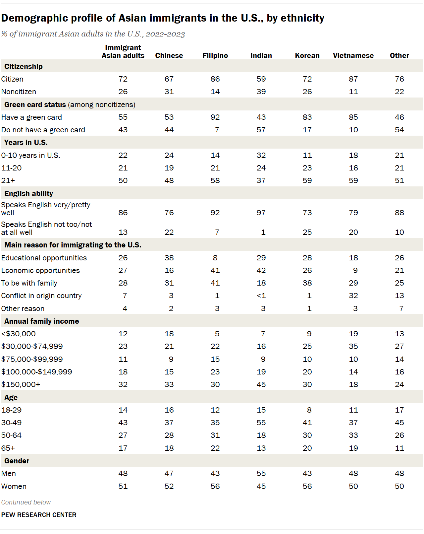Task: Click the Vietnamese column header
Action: tap(353, 56)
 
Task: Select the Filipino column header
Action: tap(215, 56)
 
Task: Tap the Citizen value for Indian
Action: tap(261, 79)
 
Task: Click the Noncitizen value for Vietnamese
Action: tap(353, 92)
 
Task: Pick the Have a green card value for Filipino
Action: tap(215, 117)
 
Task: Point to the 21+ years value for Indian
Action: tap(261, 180)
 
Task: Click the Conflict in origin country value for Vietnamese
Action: tap(353, 296)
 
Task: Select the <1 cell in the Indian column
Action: tap(261, 296)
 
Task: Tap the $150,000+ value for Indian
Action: tap(261, 384)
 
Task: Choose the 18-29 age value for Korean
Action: tap(309, 410)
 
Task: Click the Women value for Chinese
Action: tap(169, 486)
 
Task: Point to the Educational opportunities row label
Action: tap(44, 258)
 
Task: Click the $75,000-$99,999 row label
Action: tap(32, 359)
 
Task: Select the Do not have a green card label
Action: tap(43, 130)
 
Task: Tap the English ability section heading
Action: tap(28, 193)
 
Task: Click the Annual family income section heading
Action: tap(42, 321)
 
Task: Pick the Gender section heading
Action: tap(17, 461)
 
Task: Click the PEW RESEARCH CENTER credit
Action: tap(39, 515)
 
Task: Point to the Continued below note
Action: tap(26, 502)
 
